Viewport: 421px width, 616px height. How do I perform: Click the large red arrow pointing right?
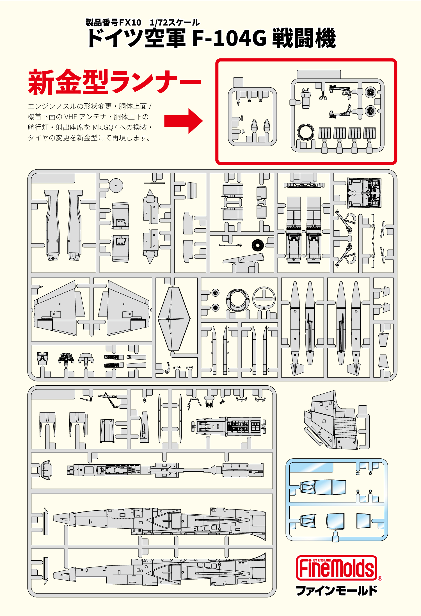pyautogui.click(x=184, y=121)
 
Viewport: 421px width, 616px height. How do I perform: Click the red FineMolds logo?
pyautogui.click(x=337, y=568)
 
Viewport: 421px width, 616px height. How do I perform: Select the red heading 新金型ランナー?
pyautogui.click(x=114, y=82)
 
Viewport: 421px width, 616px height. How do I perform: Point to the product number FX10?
pyautogui.click(x=130, y=22)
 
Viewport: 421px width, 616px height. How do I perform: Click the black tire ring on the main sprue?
pyautogui.click(x=257, y=245)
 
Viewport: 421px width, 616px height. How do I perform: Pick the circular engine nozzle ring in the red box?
pyautogui.click(x=305, y=131)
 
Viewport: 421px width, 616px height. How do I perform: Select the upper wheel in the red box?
pyautogui.click(x=370, y=92)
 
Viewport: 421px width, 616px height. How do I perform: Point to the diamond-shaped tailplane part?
pyautogui.click(x=174, y=319)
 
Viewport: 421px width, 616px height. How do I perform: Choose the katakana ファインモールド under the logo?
pyautogui.click(x=337, y=590)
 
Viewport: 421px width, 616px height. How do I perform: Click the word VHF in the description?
pyautogui.click(x=70, y=117)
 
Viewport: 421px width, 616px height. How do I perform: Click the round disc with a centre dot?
pyautogui.click(x=116, y=185)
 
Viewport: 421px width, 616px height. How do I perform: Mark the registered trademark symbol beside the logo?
pyautogui.click(x=380, y=578)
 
